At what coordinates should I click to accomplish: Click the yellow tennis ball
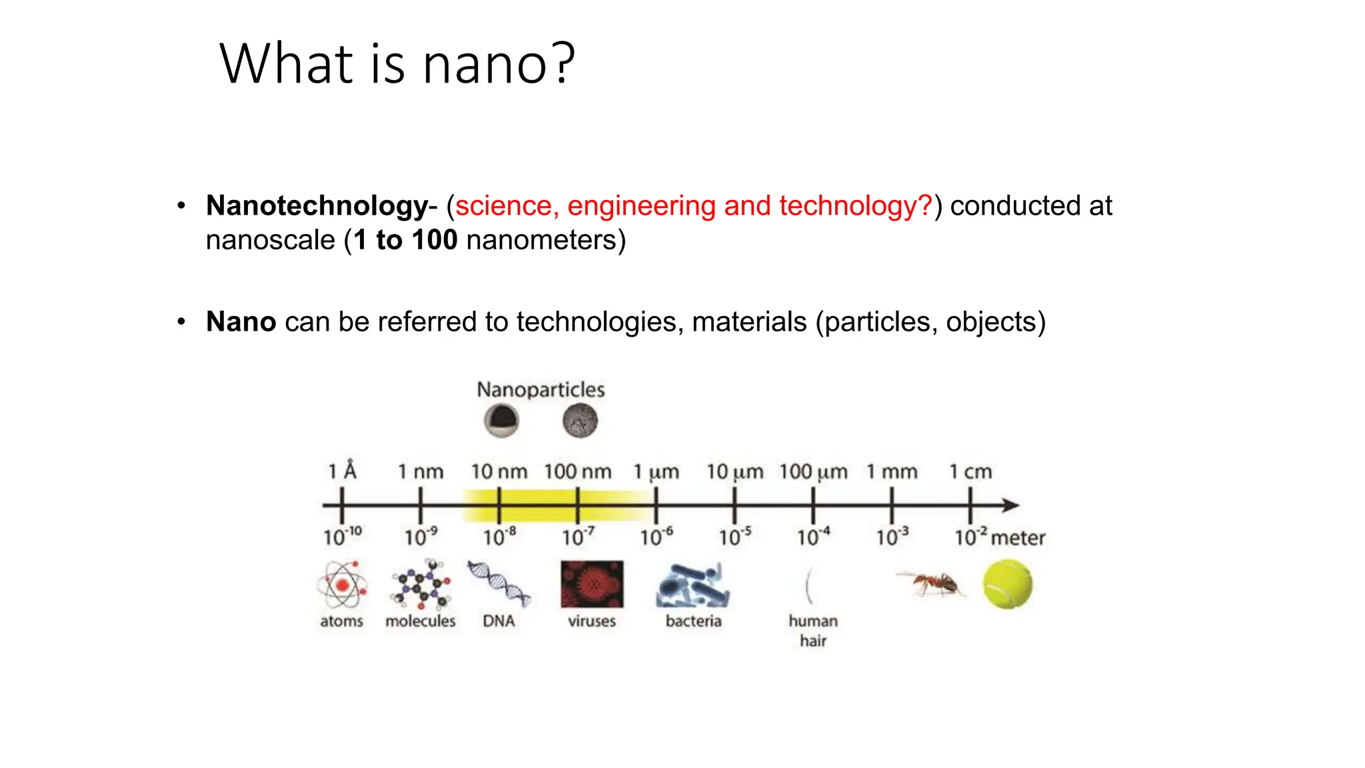[1007, 585]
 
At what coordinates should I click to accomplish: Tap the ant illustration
[931, 584]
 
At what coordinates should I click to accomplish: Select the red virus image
[592, 585]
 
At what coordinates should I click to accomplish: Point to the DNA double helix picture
[499, 583]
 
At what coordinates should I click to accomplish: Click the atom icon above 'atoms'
[342, 585]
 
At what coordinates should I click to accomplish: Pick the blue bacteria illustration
[693, 585]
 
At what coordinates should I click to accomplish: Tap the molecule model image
[421, 585]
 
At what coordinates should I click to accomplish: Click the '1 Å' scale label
[342, 471]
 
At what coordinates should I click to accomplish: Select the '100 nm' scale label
[577, 472]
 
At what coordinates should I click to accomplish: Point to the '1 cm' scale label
[970, 472]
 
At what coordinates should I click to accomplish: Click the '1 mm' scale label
[892, 472]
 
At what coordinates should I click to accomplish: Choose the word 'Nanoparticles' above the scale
[541, 389]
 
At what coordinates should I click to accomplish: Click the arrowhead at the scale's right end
[1012, 505]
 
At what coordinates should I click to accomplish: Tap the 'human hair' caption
[813, 631]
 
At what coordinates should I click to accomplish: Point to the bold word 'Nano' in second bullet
[241, 322]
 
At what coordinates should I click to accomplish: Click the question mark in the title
[564, 64]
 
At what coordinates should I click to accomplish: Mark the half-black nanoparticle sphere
[501, 421]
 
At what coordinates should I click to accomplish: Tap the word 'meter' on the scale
[1018, 538]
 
